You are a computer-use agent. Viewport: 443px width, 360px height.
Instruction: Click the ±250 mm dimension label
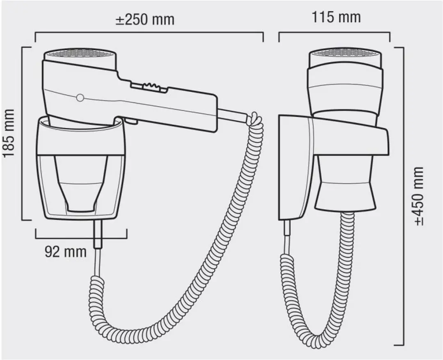pos(145,20)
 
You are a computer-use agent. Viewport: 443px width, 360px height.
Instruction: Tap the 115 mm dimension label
pos(336,17)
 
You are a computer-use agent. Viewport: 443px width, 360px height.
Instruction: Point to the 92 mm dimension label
pos(66,252)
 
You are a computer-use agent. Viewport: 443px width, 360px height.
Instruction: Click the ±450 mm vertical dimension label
pos(419,196)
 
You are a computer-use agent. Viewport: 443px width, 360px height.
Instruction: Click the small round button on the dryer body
pos(80,98)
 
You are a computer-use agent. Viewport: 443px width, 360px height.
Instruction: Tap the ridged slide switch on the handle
pos(150,87)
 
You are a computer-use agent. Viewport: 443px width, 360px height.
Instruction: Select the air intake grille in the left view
pos(80,53)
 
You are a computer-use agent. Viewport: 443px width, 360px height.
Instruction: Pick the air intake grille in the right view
pos(345,53)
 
